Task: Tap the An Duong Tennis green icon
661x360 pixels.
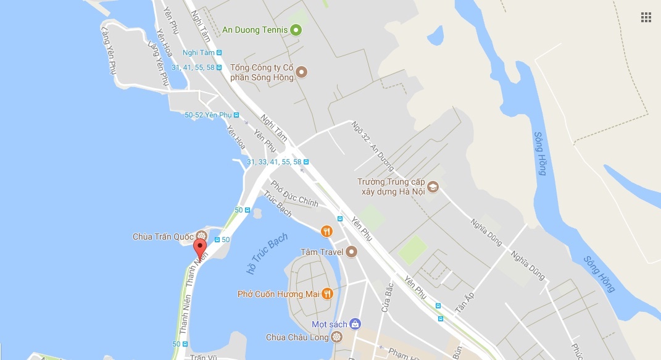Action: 296,29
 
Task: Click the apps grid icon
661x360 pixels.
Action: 646,17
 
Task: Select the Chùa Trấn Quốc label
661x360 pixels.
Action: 163,237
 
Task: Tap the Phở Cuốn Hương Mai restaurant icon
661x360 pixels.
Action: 328,293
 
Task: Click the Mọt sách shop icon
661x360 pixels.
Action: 354,324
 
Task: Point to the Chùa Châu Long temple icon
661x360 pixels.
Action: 336,337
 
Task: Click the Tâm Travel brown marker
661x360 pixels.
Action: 352,251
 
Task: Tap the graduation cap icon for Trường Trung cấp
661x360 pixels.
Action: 433,186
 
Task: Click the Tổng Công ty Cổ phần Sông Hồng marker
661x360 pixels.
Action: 302,72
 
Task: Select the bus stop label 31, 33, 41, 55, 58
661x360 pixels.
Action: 274,162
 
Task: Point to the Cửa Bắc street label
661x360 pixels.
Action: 386,296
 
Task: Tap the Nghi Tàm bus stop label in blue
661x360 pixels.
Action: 199,53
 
